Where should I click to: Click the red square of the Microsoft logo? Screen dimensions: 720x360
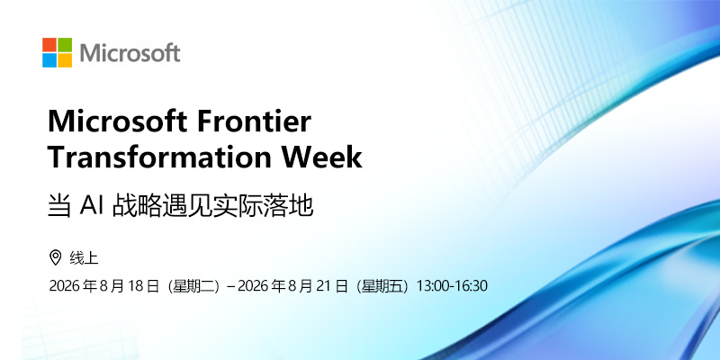[x=49, y=44]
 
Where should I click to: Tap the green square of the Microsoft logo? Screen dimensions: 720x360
[x=65, y=44]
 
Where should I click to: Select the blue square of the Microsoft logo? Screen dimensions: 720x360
[x=49, y=60]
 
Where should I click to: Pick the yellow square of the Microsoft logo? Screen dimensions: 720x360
[x=65, y=60]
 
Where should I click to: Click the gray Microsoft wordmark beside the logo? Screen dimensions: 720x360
[x=130, y=53]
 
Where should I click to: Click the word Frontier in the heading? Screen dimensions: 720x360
[x=254, y=121]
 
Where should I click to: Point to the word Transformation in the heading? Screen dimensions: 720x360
[x=160, y=157]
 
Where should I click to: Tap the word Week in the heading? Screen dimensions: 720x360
[x=322, y=157]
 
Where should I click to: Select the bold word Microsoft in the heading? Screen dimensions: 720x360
[x=117, y=121]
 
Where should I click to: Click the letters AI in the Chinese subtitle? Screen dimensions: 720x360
[x=91, y=206]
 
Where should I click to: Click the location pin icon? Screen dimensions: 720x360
[x=55, y=257]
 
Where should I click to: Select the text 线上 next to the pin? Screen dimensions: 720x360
[x=84, y=258]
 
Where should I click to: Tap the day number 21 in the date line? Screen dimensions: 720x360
[x=325, y=286]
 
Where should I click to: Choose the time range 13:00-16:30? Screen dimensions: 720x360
[x=452, y=286]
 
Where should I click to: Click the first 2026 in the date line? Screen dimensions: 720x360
[x=65, y=286]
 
